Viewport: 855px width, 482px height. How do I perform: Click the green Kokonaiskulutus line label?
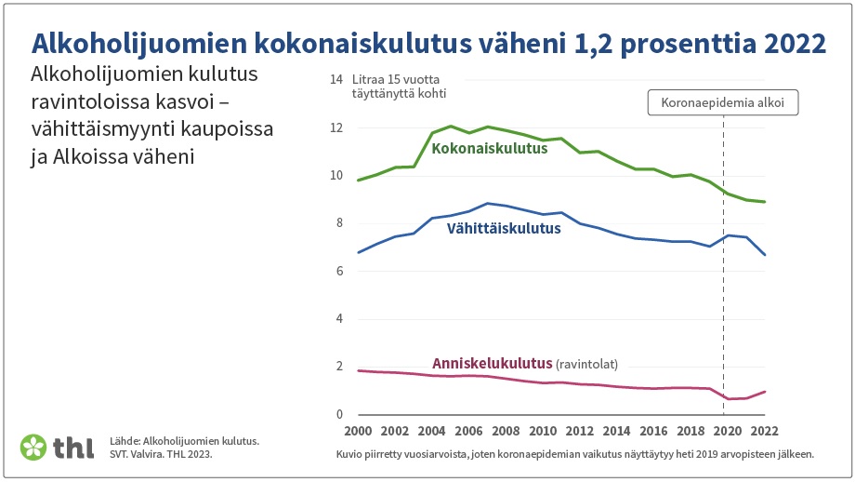[x=489, y=149]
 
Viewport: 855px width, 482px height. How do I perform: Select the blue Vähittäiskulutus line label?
[x=504, y=228]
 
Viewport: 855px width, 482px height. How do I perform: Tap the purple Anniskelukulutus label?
[x=492, y=364]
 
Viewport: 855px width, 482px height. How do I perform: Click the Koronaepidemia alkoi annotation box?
[x=722, y=102]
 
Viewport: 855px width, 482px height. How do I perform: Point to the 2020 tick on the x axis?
[x=728, y=431]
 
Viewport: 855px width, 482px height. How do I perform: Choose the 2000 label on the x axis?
[x=358, y=431]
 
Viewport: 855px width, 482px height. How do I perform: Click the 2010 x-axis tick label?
[x=543, y=431]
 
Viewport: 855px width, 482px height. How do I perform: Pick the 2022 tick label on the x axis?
[x=765, y=431]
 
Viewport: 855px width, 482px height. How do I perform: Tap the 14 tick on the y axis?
[x=335, y=80]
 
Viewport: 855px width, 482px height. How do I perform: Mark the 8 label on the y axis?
[x=339, y=222]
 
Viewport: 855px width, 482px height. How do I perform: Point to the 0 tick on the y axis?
[x=339, y=414]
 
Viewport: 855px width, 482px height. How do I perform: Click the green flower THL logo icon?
[x=33, y=447]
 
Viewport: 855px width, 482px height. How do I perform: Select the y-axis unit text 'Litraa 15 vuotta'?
[x=395, y=80]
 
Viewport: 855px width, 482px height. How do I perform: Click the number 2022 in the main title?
[x=795, y=43]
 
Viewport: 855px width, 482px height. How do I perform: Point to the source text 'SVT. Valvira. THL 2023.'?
[x=161, y=453]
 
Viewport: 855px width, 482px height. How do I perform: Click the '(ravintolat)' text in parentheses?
[x=586, y=364]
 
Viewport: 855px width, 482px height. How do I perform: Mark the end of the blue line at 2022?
[x=765, y=255]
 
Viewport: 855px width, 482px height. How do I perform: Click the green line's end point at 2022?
[x=765, y=202]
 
